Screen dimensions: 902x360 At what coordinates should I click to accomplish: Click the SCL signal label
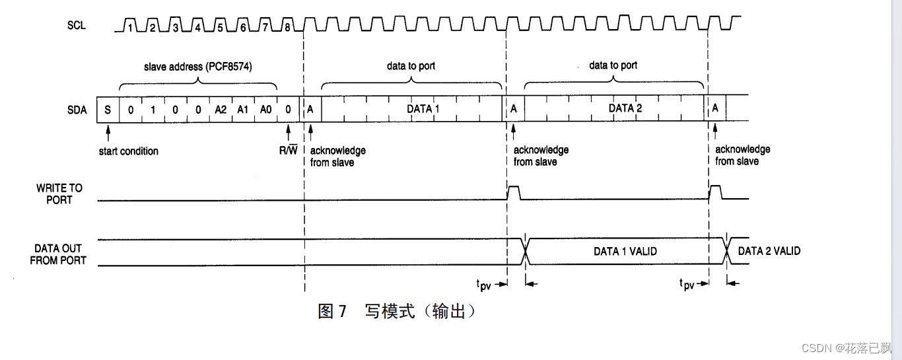[x=77, y=25]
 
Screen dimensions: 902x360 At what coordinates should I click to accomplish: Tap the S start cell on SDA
[x=108, y=110]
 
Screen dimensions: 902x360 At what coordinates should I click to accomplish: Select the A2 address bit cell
[x=221, y=110]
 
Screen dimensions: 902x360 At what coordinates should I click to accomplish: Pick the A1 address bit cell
[x=243, y=110]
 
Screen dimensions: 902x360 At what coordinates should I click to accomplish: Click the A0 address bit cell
[x=265, y=110]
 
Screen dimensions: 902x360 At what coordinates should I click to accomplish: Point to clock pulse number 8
[x=287, y=24]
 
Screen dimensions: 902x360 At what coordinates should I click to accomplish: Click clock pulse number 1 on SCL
[x=129, y=24]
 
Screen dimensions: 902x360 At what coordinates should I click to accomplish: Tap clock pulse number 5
[x=220, y=24]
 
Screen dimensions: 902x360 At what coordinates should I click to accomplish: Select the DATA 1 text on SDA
[x=423, y=109]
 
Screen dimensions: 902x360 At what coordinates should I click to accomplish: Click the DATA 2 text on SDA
[x=625, y=108]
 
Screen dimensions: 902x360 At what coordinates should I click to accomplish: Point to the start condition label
[x=129, y=151]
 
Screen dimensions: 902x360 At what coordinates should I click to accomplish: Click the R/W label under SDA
[x=289, y=150]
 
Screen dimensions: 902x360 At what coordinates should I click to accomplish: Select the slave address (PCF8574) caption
[x=198, y=67]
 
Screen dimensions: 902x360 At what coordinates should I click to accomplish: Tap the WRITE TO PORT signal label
[x=59, y=194]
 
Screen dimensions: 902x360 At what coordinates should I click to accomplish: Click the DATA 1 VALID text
[x=625, y=251]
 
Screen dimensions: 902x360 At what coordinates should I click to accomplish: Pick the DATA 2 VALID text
[x=769, y=251]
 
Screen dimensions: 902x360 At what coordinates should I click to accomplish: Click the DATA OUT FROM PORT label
[x=58, y=254]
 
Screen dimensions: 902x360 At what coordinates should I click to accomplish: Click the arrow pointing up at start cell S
[x=108, y=133]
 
